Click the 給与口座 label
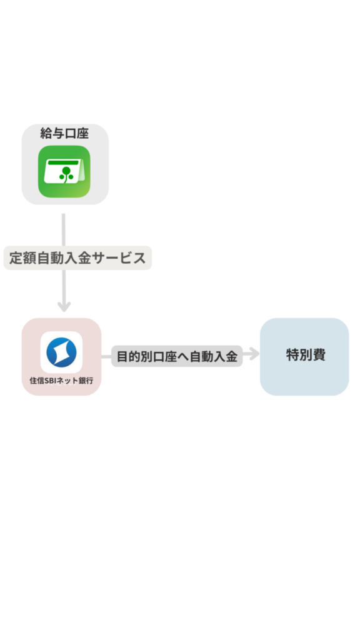pyautogui.click(x=64, y=134)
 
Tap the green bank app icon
pyautogui.click(x=64, y=171)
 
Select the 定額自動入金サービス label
pyautogui.click(x=77, y=258)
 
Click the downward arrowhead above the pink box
pyautogui.click(x=64, y=306)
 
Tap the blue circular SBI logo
pyautogui.click(x=62, y=352)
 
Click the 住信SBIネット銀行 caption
pyautogui.click(x=61, y=381)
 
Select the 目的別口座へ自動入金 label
pyautogui.click(x=177, y=356)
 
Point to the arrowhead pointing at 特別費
pyautogui.click(x=254, y=354)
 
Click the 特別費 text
pyautogui.click(x=306, y=355)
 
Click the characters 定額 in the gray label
pyautogui.click(x=22, y=258)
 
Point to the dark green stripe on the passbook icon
pyautogui.click(x=63, y=162)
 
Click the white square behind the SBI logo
pyautogui.click(x=62, y=352)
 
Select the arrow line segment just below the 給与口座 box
pyautogui.click(x=64, y=229)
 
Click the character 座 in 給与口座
pyautogui.click(x=83, y=134)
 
